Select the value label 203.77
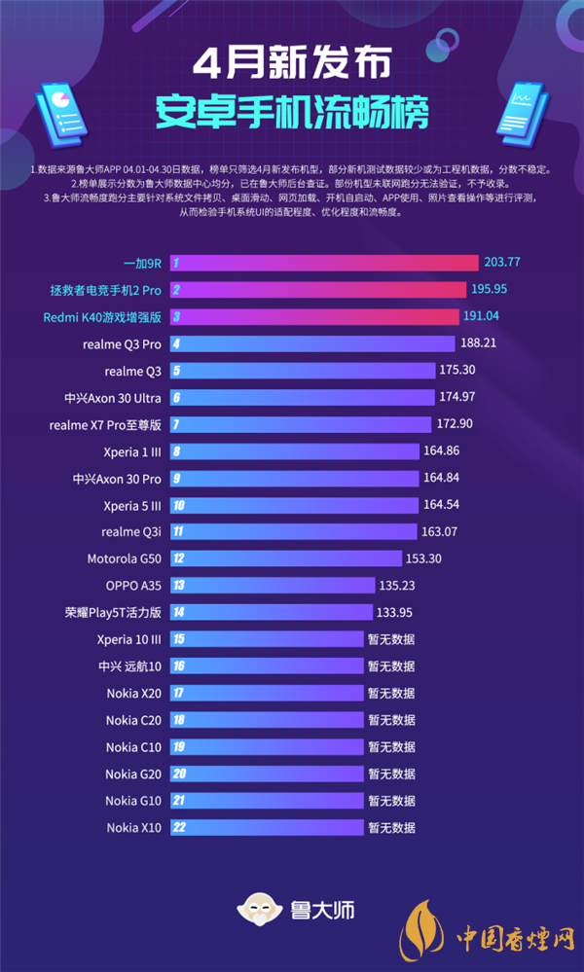click(502, 263)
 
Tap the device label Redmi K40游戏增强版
click(102, 317)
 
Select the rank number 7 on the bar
click(176, 424)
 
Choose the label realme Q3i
click(131, 531)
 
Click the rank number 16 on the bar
click(179, 666)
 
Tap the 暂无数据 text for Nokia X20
click(391, 694)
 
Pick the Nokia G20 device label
click(134, 774)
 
